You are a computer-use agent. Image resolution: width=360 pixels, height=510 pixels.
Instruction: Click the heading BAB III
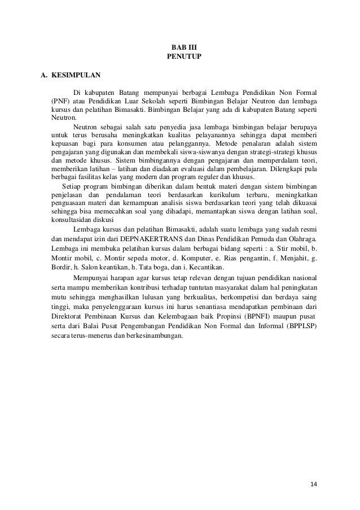click(x=180, y=49)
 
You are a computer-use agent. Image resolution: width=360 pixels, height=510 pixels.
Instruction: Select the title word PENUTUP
click(x=180, y=58)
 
